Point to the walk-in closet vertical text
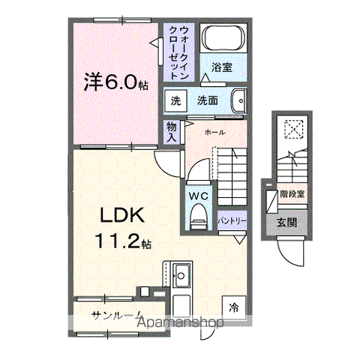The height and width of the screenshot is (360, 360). tap(178, 51)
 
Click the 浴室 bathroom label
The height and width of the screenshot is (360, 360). tap(221, 67)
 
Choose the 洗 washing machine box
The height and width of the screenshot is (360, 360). tap(175, 100)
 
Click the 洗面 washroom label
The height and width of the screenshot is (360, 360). tap(207, 100)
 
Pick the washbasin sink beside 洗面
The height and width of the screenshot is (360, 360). tap(239, 100)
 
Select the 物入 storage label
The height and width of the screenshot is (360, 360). tap(172, 132)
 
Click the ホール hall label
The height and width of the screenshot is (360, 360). tap(216, 132)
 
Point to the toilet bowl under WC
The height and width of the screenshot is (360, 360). tap(198, 218)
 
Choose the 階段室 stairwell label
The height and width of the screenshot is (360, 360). tap(292, 194)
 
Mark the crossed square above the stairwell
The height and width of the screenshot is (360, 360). tap(292, 130)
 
